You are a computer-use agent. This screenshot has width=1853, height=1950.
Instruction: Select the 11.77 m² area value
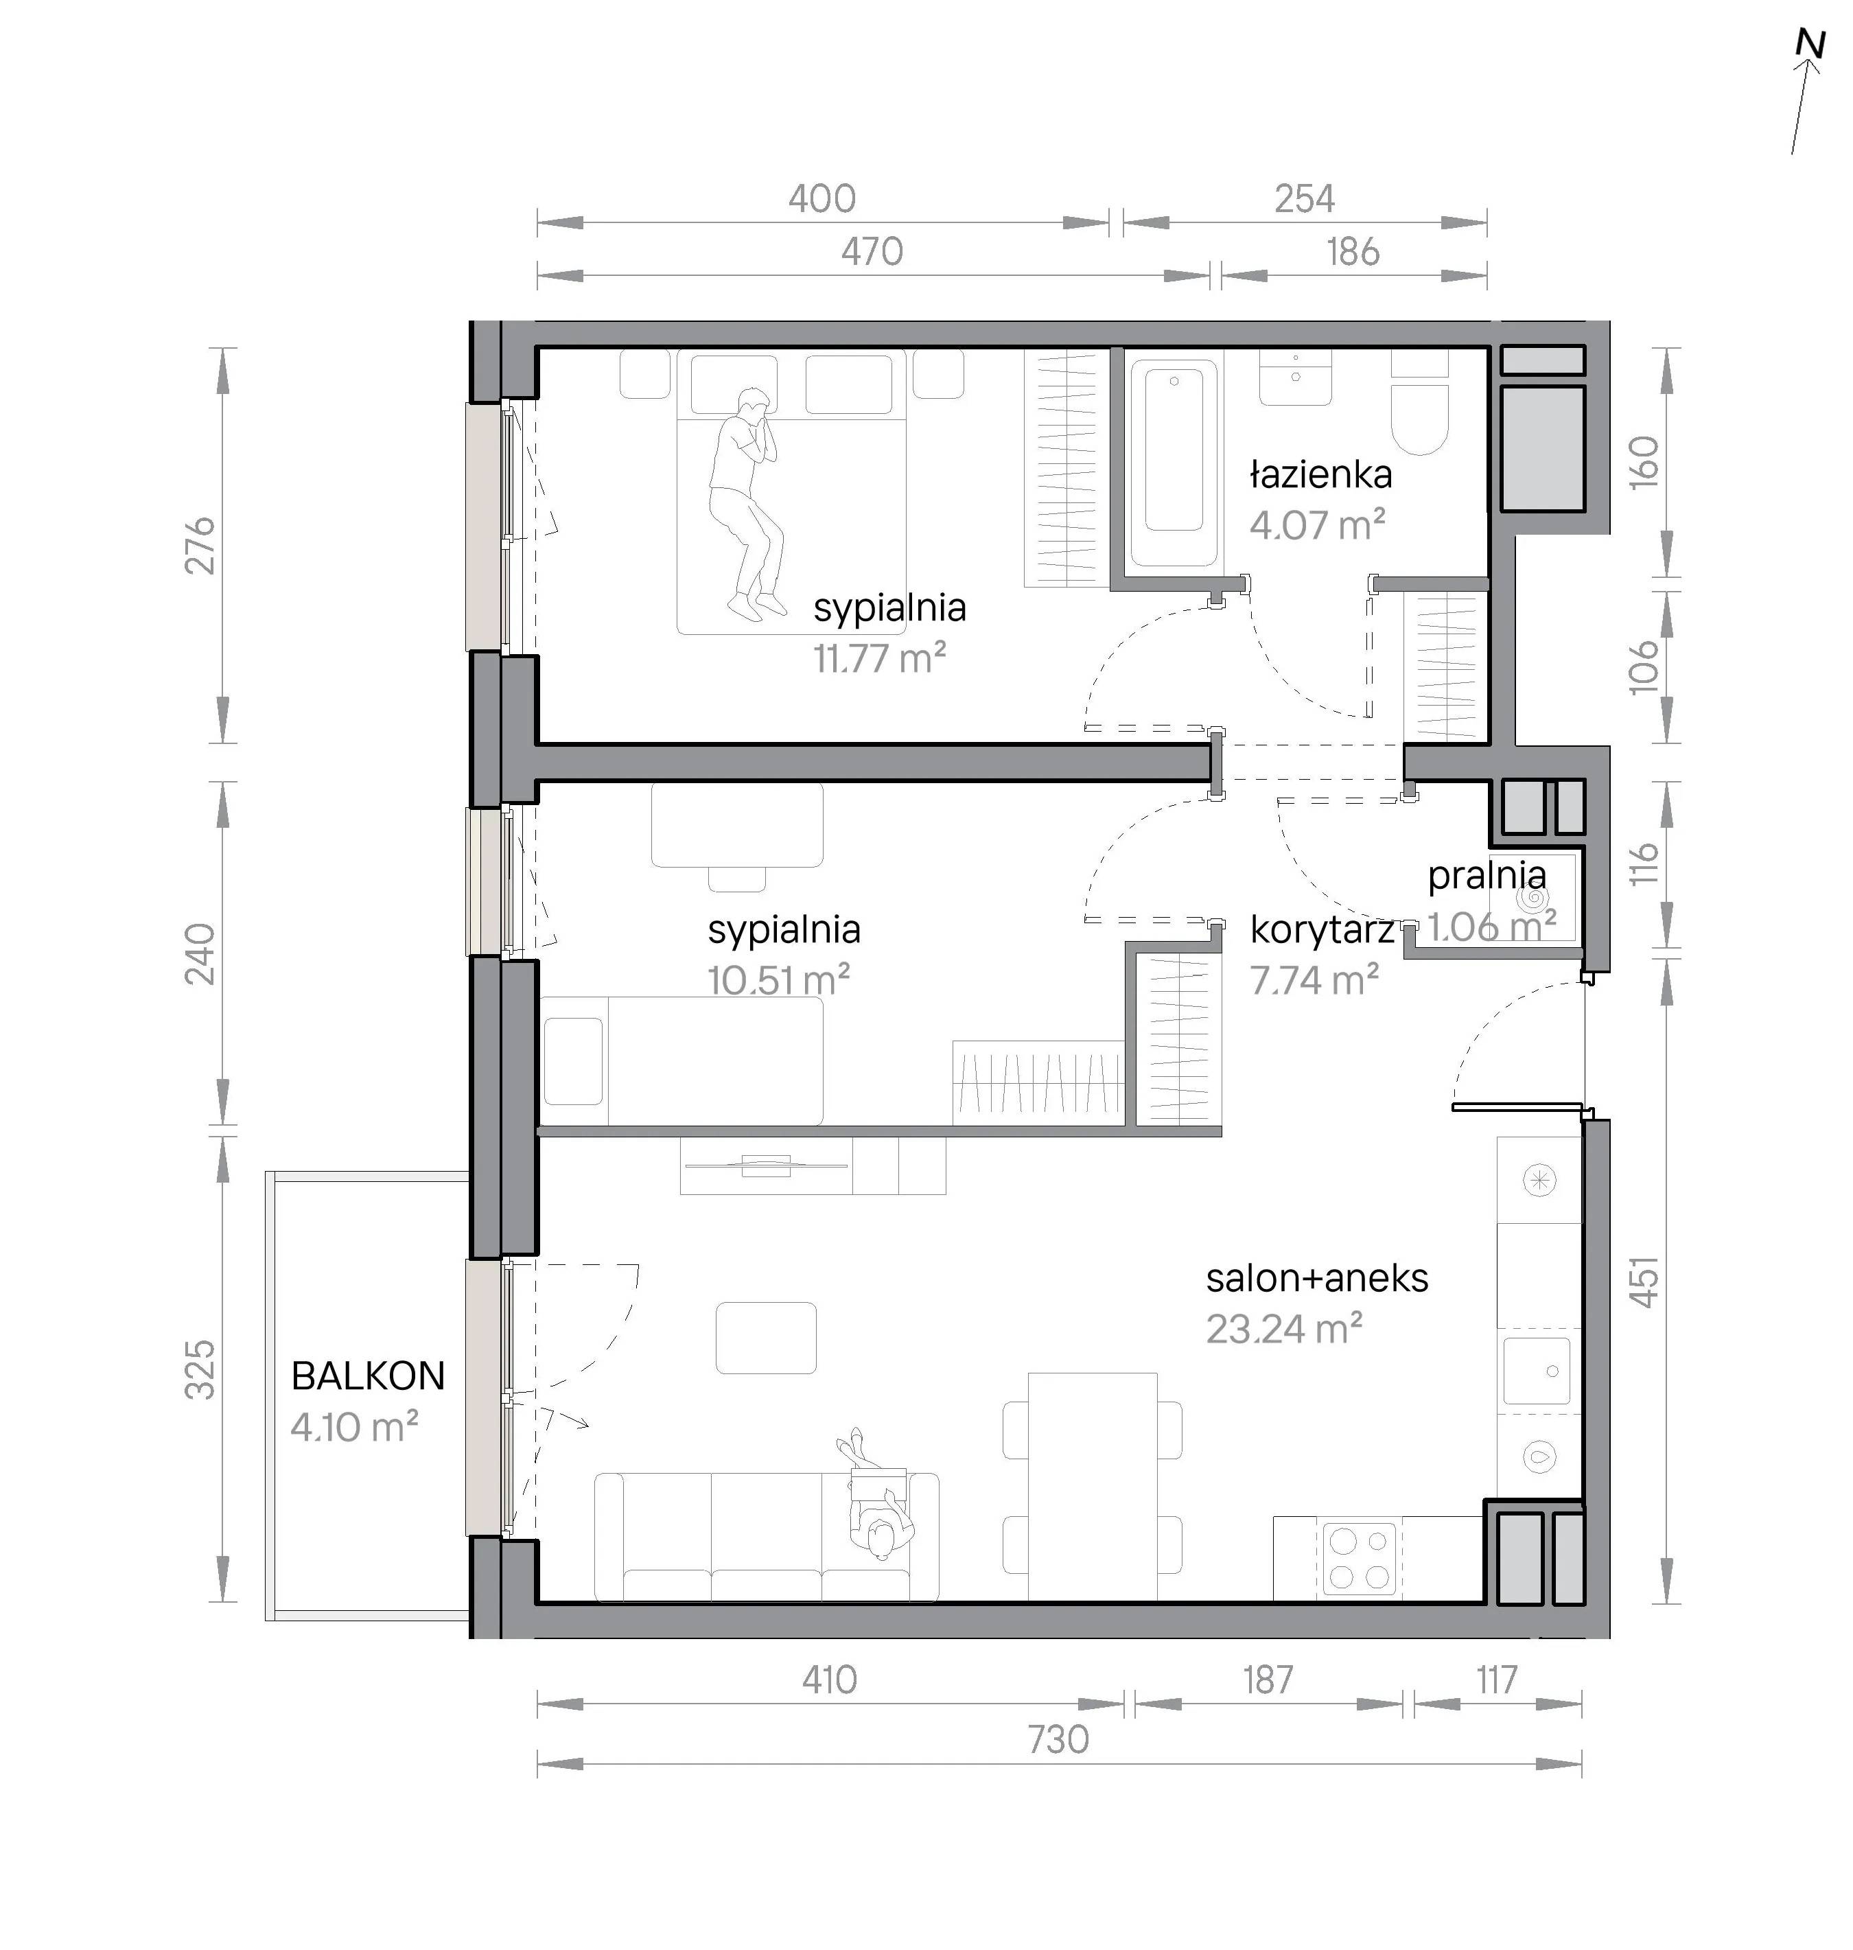click(879, 658)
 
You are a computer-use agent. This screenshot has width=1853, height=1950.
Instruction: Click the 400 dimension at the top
click(821, 200)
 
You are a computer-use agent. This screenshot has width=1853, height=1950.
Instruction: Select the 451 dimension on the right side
click(1644, 1281)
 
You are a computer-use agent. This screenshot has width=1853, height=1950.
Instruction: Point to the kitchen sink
click(1537, 1371)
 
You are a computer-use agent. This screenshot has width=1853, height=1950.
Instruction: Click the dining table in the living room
click(1093, 1486)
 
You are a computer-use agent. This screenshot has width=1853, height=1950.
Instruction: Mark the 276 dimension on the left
click(200, 544)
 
